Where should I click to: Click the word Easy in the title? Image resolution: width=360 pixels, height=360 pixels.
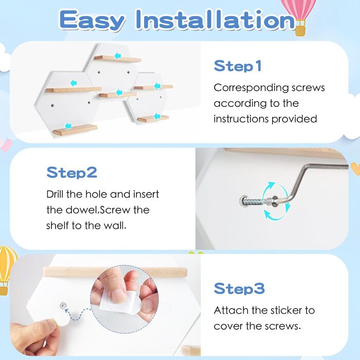point(92,20)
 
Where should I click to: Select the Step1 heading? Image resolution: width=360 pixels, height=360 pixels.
point(238,66)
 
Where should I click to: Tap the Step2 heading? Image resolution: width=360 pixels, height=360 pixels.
point(72,172)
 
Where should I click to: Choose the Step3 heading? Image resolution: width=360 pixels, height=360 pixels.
point(239,289)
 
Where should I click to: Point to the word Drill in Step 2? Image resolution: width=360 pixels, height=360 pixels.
point(55,194)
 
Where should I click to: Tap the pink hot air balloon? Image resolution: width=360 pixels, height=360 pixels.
point(300,14)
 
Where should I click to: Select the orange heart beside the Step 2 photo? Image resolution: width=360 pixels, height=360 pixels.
point(355,168)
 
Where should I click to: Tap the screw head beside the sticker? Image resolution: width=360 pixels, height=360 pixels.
point(63,305)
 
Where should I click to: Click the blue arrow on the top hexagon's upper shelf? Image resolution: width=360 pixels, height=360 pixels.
point(118,56)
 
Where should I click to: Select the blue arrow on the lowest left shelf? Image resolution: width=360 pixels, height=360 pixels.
point(68,126)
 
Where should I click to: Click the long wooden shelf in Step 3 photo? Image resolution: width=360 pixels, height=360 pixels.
point(115,272)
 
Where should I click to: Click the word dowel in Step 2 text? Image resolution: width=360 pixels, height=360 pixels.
point(82,210)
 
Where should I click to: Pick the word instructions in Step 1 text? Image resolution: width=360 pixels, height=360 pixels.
point(241,119)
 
